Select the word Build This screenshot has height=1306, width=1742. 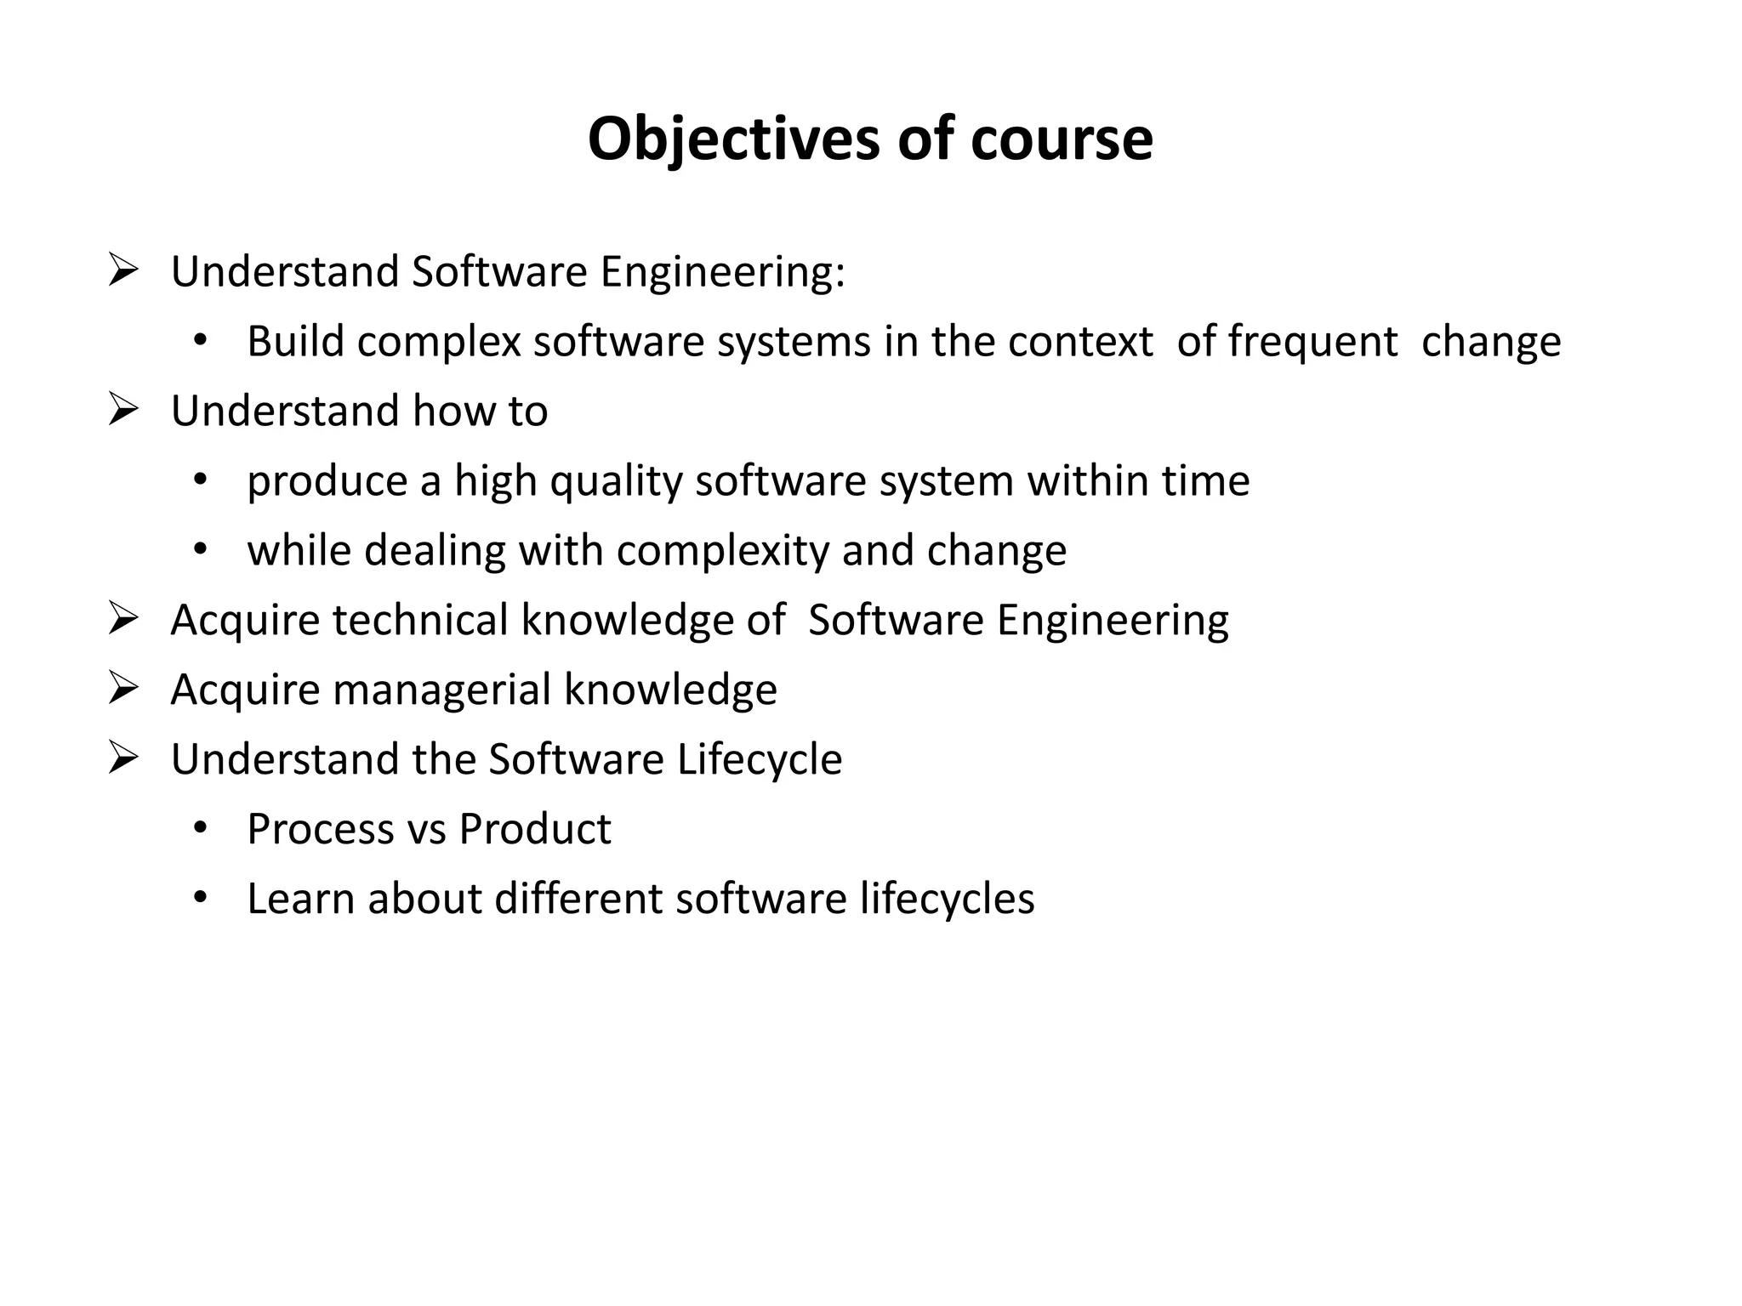(x=295, y=341)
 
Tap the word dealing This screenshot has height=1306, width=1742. (x=435, y=550)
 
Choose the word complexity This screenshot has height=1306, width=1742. (x=723, y=551)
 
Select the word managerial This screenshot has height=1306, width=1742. (x=442, y=689)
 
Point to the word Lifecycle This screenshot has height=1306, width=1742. (x=760, y=758)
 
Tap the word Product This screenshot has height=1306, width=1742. (x=535, y=829)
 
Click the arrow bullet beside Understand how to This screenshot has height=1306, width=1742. (x=124, y=410)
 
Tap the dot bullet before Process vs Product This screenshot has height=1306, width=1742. (x=200, y=828)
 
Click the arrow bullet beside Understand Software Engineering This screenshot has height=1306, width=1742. (x=124, y=271)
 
